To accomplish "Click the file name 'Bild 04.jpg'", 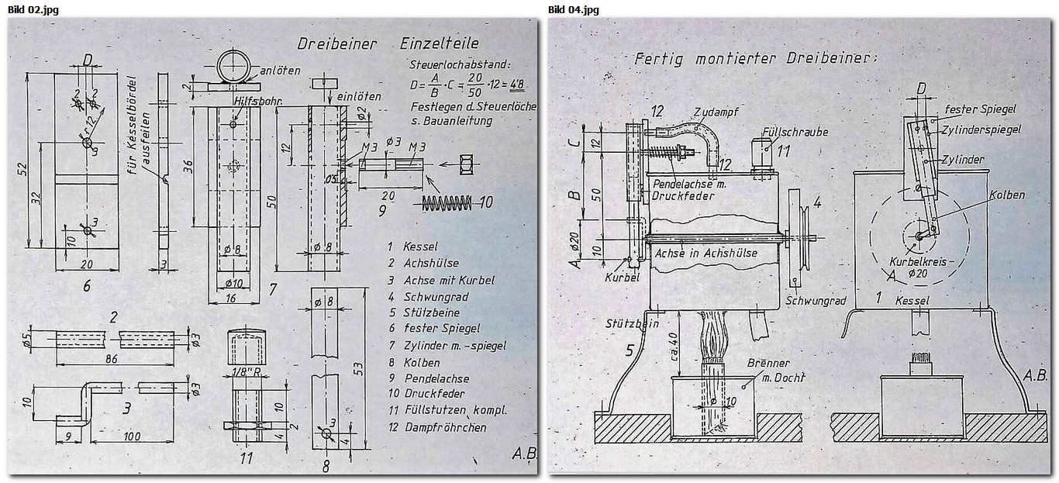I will [573, 9].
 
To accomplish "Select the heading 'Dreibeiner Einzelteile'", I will [388, 43].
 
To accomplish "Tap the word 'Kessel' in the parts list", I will [420, 247].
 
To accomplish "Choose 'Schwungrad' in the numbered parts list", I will [436, 296].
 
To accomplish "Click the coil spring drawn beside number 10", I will [447, 203].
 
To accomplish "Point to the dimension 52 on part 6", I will [21, 167].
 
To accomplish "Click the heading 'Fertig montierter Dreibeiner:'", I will [755, 58].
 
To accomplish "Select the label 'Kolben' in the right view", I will [1006, 195].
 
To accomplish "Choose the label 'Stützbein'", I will [632, 323].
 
